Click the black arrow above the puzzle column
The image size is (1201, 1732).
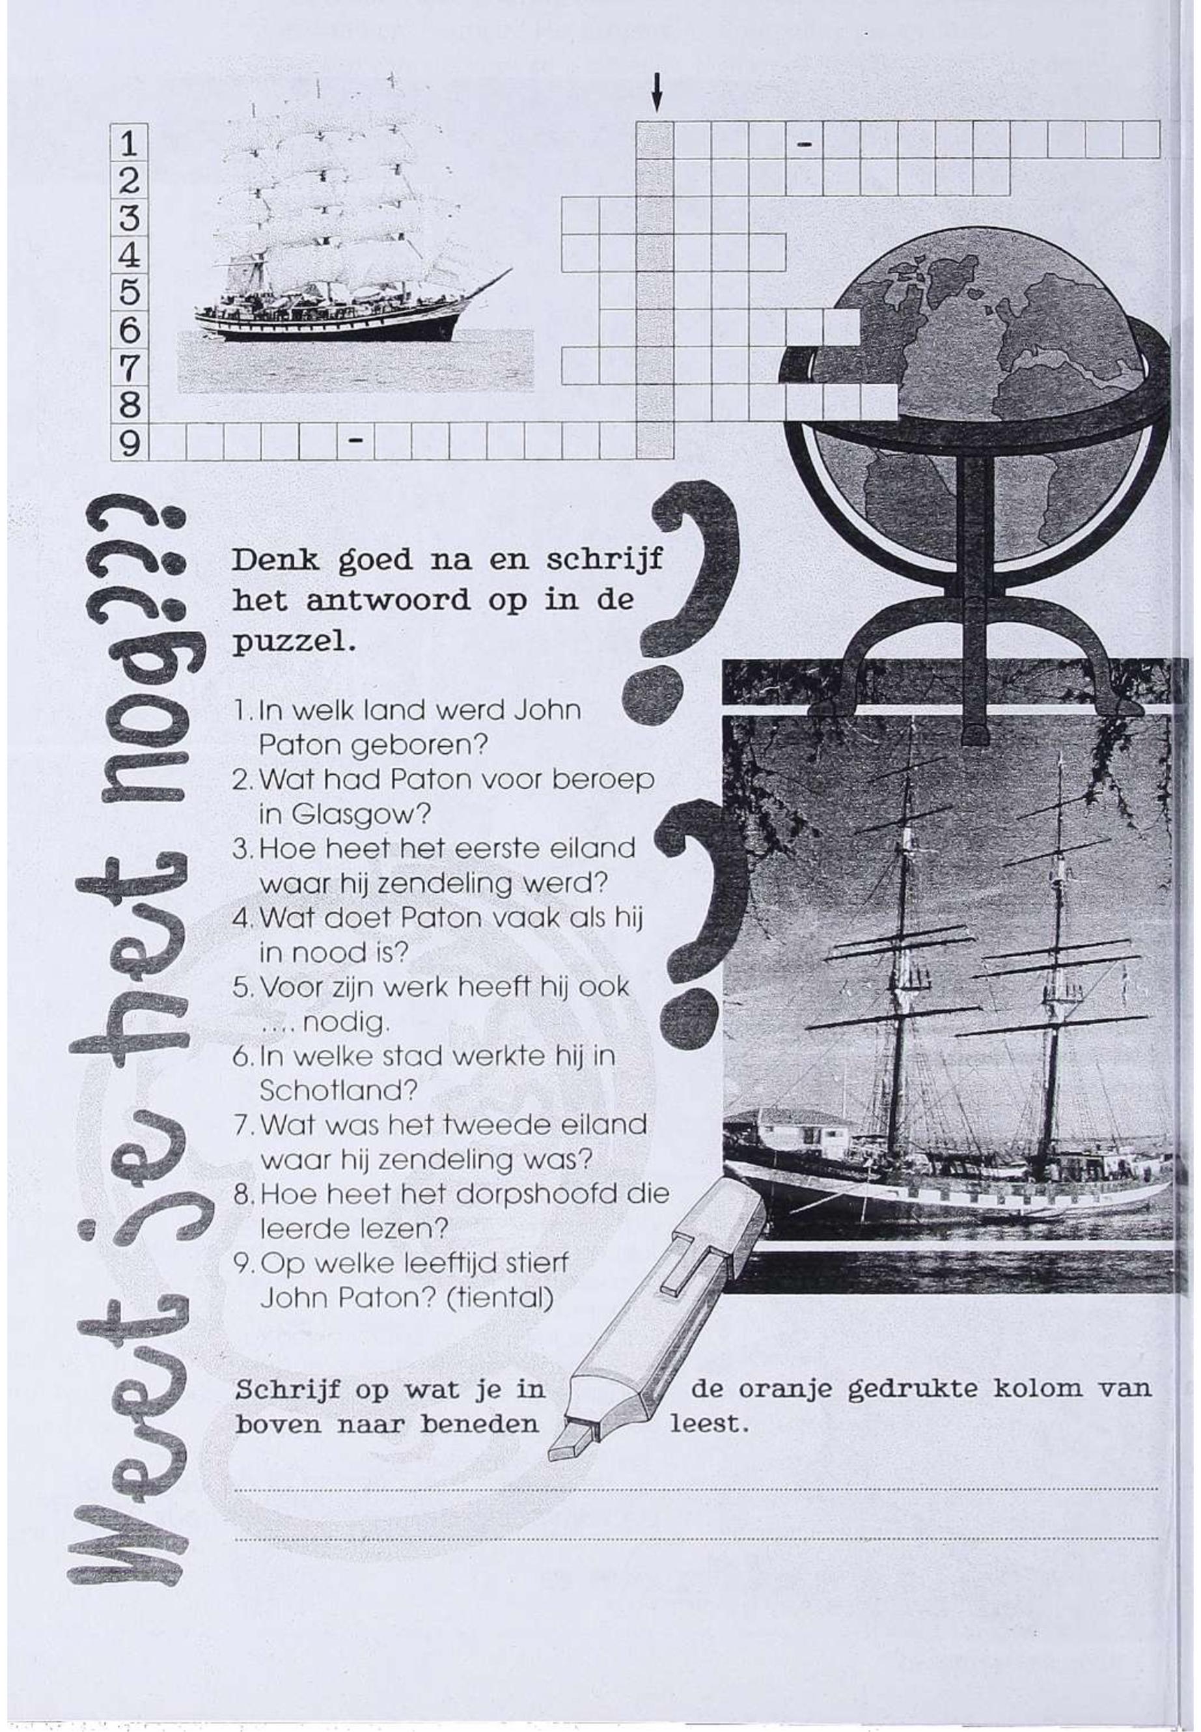click(657, 92)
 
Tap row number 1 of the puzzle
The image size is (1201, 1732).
click(130, 141)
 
